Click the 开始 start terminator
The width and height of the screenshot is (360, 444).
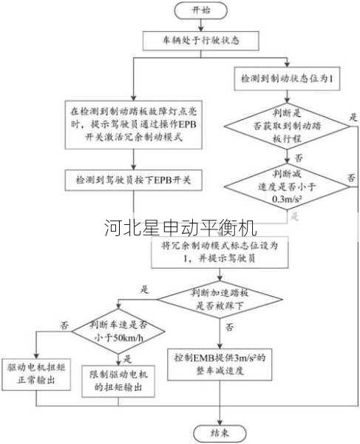(201, 10)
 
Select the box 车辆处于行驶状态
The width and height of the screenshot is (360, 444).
(200, 38)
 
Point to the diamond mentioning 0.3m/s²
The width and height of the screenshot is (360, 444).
(285, 188)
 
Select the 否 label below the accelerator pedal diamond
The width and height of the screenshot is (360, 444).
(230, 326)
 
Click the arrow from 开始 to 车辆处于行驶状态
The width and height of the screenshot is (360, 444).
(201, 24)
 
